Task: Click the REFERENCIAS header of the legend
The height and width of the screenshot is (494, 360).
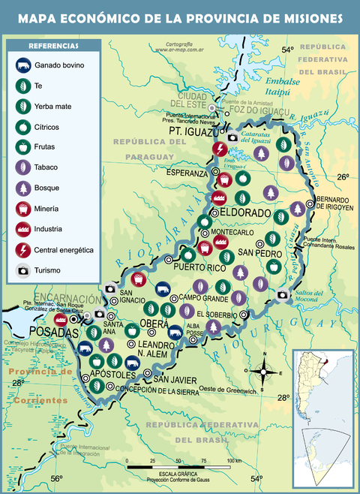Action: point(53,46)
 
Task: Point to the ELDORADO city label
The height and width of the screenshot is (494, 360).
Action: point(244,212)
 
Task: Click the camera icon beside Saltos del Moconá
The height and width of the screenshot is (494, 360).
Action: point(283,294)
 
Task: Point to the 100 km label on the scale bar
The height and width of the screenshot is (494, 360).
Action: point(233,461)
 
